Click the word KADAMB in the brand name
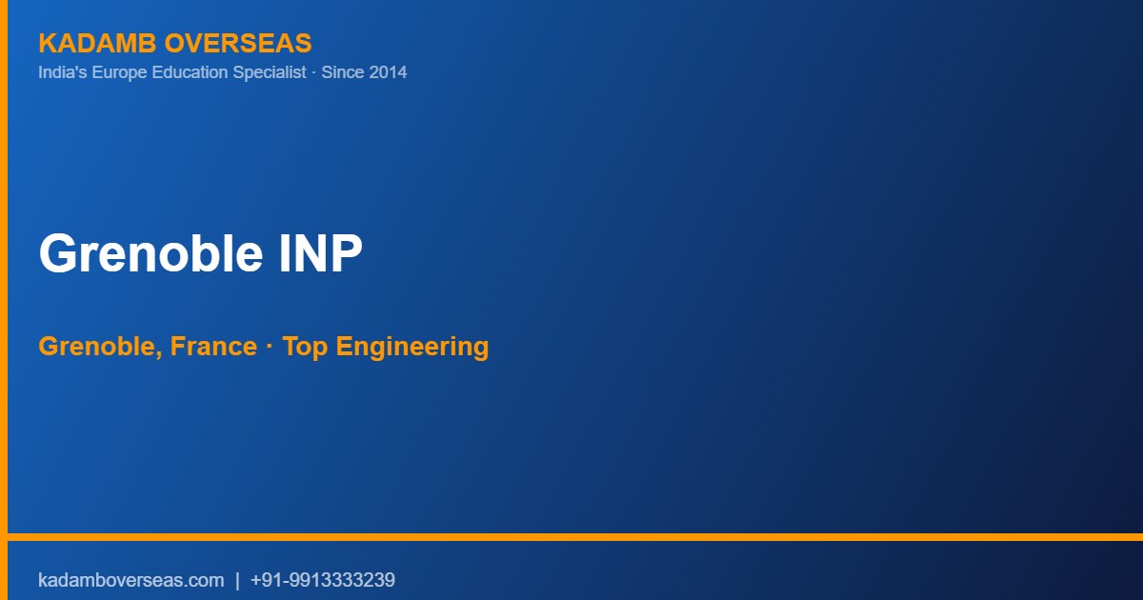coord(97,43)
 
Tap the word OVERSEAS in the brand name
coord(238,43)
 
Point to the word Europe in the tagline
coord(119,72)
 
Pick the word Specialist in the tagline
coord(270,72)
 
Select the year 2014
coord(389,72)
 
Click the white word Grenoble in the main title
coord(151,253)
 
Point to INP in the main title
coord(320,253)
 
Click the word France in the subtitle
coord(213,347)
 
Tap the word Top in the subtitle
coord(305,348)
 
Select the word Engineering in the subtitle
coord(412,348)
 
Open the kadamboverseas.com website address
coord(131,580)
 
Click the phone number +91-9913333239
coord(323,580)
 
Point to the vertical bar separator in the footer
coord(237,581)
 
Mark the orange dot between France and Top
coord(270,347)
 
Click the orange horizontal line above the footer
coord(575,537)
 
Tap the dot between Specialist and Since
coord(313,72)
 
